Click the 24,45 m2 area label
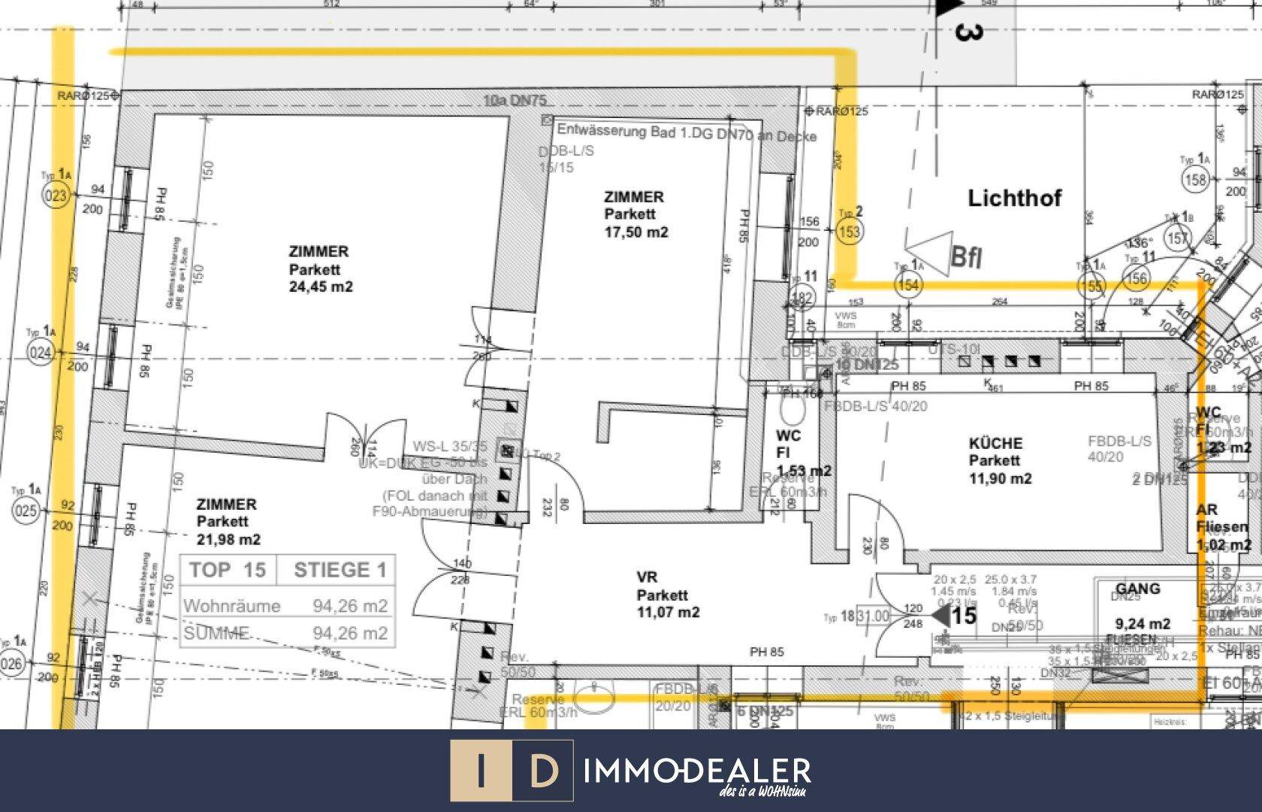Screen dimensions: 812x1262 (321, 286)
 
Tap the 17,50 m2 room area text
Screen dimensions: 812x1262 (636, 232)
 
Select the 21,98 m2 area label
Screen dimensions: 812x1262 (229, 539)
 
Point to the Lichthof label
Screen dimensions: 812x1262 (1014, 198)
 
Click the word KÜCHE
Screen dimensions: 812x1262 (995, 444)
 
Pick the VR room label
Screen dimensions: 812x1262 (647, 577)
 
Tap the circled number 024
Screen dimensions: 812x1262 (41, 352)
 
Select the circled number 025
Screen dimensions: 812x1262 (26, 512)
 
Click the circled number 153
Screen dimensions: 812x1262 (849, 232)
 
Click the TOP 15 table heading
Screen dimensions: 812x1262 (228, 570)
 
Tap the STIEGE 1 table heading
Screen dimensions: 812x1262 (340, 570)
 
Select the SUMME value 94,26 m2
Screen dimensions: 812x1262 (350, 633)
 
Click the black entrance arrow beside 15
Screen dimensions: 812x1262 (940, 616)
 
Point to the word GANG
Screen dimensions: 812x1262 (1137, 589)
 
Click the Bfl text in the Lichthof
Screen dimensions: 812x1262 (966, 257)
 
